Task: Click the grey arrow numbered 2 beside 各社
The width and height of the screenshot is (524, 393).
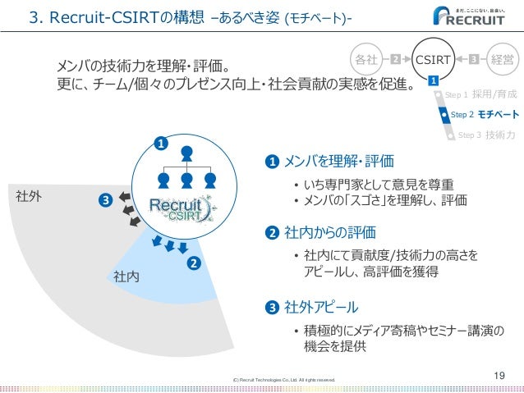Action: tap(395, 59)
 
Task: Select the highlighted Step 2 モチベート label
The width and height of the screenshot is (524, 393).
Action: tap(485, 115)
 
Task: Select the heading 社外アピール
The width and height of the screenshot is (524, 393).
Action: tap(321, 308)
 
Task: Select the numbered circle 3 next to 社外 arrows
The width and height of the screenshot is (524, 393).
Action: tap(104, 200)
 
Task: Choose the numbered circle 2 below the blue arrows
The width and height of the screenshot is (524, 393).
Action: tap(195, 263)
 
